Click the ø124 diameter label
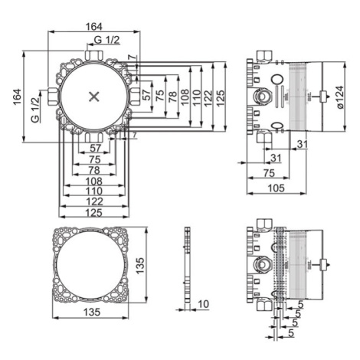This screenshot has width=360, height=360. (x=340, y=97)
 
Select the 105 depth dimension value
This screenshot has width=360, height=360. (x=276, y=188)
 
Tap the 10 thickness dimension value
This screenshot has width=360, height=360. (x=203, y=304)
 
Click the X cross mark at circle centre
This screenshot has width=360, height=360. (x=94, y=97)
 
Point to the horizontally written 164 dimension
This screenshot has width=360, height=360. (x=93, y=27)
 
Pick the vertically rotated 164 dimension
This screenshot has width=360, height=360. (x=17, y=97)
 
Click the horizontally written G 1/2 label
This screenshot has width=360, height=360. (x=106, y=40)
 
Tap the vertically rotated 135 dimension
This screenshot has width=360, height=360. (x=140, y=266)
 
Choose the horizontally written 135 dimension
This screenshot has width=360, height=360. (x=92, y=312)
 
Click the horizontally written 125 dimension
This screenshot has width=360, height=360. (x=94, y=212)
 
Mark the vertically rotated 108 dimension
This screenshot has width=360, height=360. (x=185, y=97)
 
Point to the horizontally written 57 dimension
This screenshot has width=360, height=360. (x=95, y=148)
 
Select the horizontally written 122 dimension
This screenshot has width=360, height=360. (x=94, y=201)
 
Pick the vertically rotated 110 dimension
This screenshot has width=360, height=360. (x=196, y=97)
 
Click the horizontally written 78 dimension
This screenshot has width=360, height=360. (x=94, y=170)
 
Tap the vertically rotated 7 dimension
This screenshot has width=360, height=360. (x=131, y=57)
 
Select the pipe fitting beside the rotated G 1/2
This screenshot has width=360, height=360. (x=54, y=97)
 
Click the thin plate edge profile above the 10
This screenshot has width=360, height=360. (x=188, y=265)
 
